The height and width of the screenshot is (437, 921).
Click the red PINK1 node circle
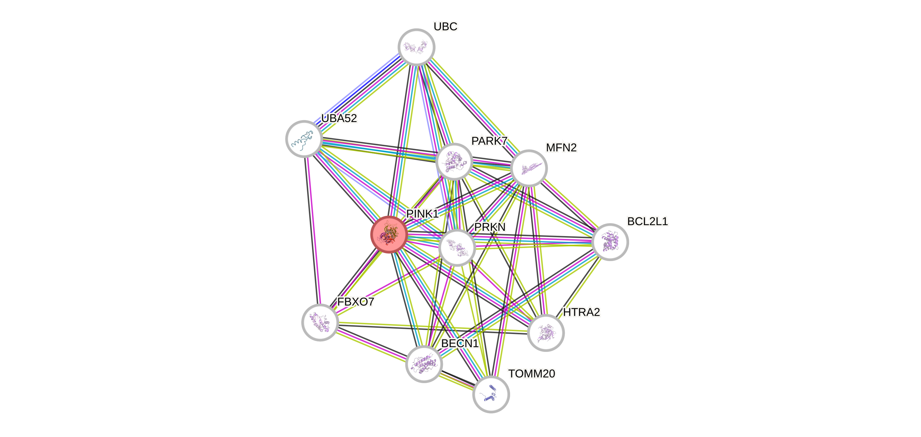389,234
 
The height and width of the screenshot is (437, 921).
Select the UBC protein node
416,47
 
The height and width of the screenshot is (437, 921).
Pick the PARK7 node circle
454,161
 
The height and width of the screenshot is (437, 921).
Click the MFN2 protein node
529,168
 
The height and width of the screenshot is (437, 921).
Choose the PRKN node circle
457,248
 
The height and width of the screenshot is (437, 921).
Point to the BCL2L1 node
610,242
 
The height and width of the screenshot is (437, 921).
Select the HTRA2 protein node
545,333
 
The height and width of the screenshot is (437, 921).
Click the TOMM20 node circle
491,394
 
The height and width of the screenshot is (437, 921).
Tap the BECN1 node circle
424,364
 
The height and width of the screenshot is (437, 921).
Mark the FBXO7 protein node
320,322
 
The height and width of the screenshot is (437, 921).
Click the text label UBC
445,26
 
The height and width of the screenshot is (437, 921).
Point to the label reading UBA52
339,118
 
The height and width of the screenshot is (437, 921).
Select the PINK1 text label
422,214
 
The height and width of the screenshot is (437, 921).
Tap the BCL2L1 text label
647,221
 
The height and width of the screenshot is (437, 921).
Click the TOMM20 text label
531,374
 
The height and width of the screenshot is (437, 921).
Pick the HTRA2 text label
581,312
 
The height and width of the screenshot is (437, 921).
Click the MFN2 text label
561,148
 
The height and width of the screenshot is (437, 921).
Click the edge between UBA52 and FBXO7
312,229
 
